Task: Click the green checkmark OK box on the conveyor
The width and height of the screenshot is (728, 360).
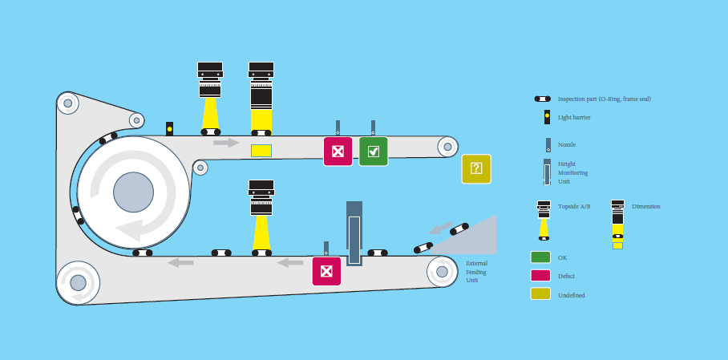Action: (373, 152)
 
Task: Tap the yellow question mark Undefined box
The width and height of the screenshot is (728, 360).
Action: (475, 168)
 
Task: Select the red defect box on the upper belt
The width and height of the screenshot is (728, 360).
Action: (338, 152)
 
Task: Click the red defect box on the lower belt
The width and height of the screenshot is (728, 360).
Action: (326, 271)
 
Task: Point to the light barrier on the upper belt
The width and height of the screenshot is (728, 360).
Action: (169, 128)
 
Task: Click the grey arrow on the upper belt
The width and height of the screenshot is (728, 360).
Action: (226, 143)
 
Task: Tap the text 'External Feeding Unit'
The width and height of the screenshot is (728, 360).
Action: (476, 272)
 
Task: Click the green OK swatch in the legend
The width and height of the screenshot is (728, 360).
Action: (540, 257)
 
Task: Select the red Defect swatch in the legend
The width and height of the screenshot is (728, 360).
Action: (540, 276)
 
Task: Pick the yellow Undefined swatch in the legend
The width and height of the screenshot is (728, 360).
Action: (540, 294)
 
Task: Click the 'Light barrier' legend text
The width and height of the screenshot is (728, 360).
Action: (574, 117)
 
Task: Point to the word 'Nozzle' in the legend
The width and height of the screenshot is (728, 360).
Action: (567, 144)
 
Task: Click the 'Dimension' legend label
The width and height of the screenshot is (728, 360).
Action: (645, 206)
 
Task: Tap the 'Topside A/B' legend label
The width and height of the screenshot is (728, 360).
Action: (574, 206)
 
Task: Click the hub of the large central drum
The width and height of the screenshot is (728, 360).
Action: (133, 192)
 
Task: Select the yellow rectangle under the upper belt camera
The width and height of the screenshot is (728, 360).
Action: (261, 151)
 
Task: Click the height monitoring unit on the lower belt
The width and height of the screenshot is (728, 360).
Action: (354, 233)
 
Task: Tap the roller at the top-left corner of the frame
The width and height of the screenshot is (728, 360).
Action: (67, 103)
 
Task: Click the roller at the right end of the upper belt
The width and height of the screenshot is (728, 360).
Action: (447, 147)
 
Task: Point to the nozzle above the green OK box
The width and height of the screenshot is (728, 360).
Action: (373, 128)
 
